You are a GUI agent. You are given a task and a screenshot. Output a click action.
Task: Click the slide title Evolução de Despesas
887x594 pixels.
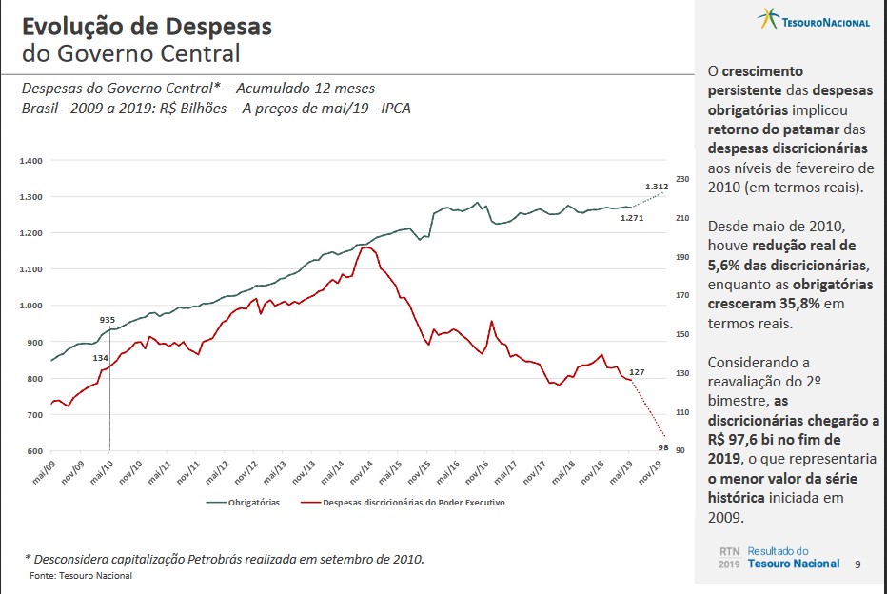coord(147,26)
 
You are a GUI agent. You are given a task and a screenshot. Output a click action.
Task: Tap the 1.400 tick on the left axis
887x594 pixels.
coord(31,161)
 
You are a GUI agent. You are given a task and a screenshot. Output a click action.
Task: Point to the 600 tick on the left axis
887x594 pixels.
coord(34,451)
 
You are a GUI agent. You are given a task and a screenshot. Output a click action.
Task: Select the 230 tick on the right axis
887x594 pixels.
coord(680,179)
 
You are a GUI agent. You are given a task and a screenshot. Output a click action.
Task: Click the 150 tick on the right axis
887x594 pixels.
coord(680,334)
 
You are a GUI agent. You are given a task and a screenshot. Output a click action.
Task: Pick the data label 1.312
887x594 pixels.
coord(656,187)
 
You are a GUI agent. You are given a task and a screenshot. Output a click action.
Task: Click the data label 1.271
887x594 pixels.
coord(631,219)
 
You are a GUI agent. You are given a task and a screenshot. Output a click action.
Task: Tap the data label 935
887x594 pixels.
coord(108,320)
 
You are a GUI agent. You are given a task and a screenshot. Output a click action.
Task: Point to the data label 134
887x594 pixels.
coord(100,357)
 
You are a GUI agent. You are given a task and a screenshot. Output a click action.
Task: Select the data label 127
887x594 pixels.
coord(638,371)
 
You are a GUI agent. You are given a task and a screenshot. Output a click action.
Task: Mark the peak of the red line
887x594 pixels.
coord(367,247)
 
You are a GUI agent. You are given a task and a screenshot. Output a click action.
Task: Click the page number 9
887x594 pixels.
coord(857,564)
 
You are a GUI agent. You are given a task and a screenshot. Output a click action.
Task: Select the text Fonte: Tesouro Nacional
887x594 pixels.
coord(82,576)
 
